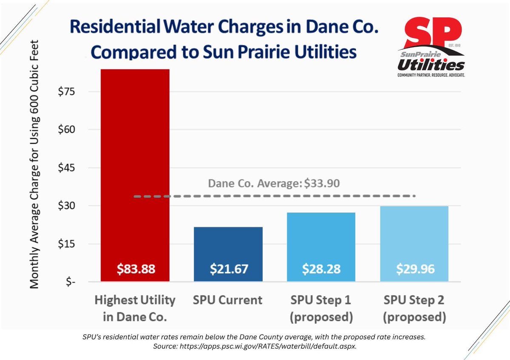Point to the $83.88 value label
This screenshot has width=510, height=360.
135,269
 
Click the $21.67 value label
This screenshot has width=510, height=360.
228,269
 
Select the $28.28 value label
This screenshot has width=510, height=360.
321,269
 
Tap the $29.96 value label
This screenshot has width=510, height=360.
414,269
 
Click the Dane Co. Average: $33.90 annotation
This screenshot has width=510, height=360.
274,184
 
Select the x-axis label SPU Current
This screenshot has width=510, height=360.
228,300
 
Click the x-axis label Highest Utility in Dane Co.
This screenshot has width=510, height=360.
135,308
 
